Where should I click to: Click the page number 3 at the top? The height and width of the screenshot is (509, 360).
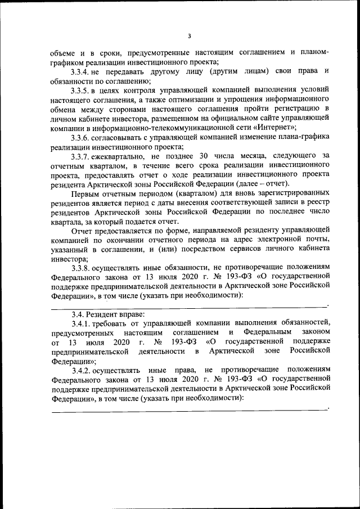click(x=190, y=36)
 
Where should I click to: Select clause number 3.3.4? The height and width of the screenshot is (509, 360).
click(x=81, y=71)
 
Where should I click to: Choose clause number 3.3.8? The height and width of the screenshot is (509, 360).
click(x=81, y=268)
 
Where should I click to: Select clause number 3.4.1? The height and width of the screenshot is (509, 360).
click(x=81, y=323)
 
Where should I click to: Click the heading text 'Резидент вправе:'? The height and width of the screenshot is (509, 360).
click(x=113, y=314)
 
